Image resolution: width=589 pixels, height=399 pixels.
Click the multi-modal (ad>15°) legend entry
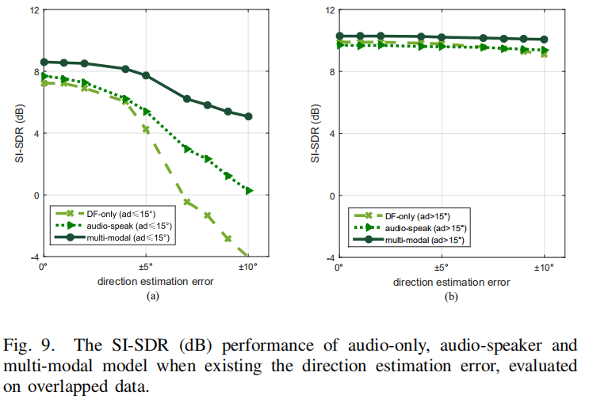(x=413, y=239)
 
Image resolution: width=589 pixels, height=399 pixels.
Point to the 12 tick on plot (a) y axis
(x=35, y=10)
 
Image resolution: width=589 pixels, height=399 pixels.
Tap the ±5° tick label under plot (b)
(x=441, y=268)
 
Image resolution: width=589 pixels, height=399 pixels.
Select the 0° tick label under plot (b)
(x=338, y=268)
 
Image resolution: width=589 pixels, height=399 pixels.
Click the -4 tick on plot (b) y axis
(x=328, y=257)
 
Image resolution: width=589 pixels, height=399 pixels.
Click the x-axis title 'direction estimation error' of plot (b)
(x=440, y=282)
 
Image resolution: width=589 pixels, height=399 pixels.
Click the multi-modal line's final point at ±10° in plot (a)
(x=248, y=116)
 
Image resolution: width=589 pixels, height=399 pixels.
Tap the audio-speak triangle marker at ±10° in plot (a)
(x=248, y=190)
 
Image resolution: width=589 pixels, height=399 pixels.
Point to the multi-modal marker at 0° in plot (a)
(x=44, y=62)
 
